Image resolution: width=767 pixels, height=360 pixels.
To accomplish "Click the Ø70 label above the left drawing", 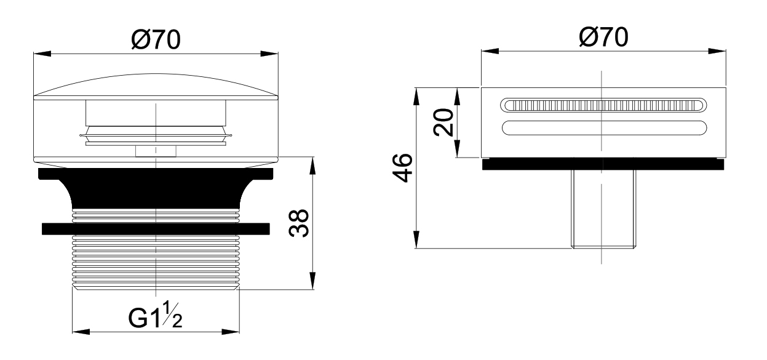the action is [156, 40].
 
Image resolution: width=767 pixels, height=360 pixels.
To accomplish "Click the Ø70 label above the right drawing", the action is [603, 37].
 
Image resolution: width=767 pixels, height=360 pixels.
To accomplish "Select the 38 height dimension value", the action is [299, 223].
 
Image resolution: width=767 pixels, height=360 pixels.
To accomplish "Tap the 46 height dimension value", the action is [403, 168].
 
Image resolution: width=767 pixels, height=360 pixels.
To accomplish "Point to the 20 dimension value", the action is [443, 122].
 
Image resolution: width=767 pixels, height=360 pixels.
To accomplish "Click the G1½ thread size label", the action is [155, 315].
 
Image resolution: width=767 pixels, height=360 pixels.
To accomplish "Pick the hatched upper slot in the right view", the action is [603, 105].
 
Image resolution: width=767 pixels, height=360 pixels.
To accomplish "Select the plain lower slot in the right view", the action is [605, 128].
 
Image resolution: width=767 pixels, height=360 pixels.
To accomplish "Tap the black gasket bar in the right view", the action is [603, 164].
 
